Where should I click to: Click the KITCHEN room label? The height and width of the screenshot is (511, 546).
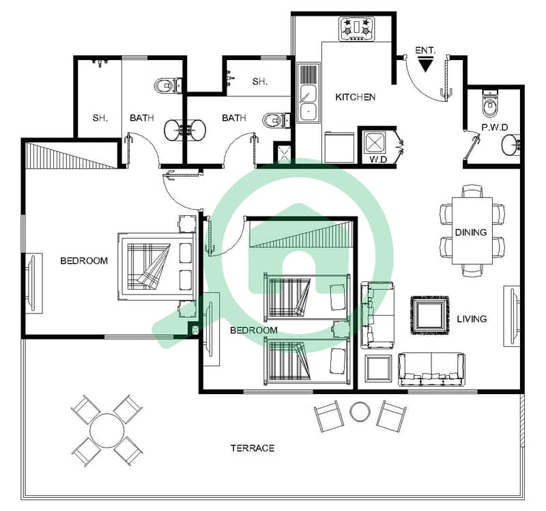tap(355, 97)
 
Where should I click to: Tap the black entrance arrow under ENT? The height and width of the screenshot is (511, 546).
tap(425, 66)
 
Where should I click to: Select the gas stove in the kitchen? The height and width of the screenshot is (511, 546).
tap(357, 29)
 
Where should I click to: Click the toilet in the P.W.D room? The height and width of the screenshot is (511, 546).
tap(491, 104)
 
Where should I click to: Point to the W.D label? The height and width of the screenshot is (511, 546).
tap(378, 160)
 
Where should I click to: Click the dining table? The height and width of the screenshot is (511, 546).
tap(472, 231)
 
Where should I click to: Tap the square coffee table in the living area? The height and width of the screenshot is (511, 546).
tap(430, 316)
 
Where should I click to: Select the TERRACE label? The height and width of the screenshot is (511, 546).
tap(253, 448)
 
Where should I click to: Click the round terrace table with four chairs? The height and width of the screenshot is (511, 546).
tap(106, 430)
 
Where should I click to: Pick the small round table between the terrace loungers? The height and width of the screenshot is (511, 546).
tap(360, 412)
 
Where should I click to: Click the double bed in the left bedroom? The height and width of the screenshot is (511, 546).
tap(157, 266)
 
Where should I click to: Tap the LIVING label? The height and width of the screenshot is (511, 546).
tap(472, 319)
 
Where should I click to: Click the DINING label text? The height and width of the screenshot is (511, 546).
tap(471, 232)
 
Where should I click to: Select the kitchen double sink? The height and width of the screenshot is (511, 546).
tap(308, 92)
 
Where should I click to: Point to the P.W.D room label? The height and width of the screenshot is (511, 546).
tap(495, 128)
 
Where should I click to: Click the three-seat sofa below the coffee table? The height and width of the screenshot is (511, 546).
tap(432, 370)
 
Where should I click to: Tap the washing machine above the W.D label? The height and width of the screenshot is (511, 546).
tap(373, 143)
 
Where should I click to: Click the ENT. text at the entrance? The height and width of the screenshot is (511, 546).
tap(425, 51)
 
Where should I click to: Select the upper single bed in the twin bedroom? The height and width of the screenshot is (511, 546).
tap(306, 297)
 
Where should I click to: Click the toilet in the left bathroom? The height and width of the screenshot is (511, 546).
tap(168, 86)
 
